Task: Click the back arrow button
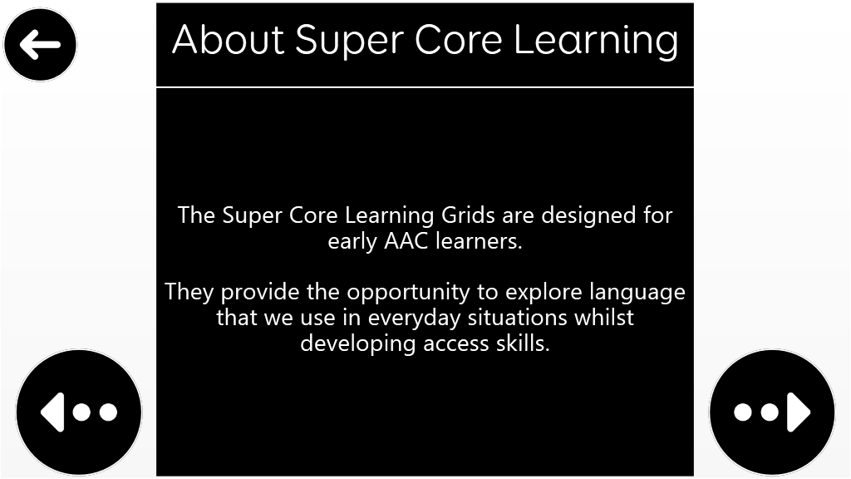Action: pos(40,45)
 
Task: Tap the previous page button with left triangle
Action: pos(79,412)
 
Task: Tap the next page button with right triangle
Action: pos(772,412)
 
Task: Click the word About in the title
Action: pos(228,40)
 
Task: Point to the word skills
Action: pos(523,343)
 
